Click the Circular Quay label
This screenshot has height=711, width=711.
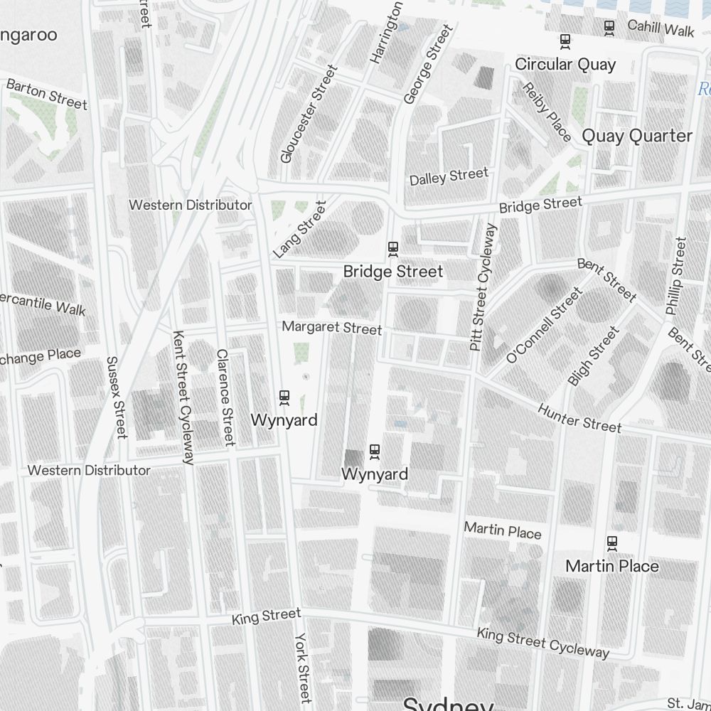(x=565, y=65)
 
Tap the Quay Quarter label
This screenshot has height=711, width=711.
(x=636, y=136)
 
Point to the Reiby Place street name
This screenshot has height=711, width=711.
(x=547, y=111)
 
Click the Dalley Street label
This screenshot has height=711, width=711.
(x=449, y=176)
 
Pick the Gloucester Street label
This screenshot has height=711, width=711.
(x=308, y=114)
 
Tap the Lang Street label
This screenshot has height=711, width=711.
(x=299, y=229)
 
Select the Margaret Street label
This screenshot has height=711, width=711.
(x=331, y=328)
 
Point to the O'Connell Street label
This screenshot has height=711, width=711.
(x=544, y=325)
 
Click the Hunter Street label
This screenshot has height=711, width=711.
(x=579, y=418)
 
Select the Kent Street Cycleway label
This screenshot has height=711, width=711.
(x=183, y=397)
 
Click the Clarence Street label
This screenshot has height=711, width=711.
(x=225, y=397)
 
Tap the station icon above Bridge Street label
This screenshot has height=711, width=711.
(x=392, y=249)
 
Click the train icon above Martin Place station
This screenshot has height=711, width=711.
(x=611, y=544)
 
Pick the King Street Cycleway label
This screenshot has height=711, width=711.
(x=542, y=643)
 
